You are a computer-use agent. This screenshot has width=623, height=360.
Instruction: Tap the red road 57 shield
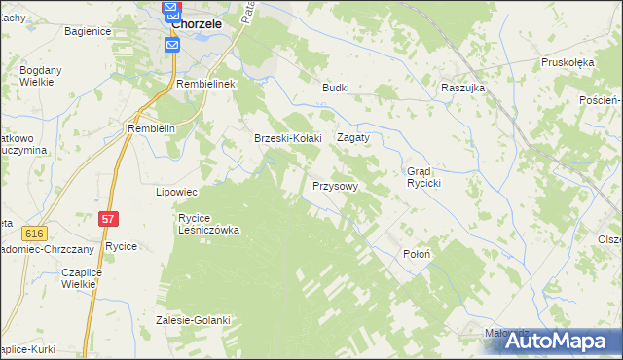[108, 221]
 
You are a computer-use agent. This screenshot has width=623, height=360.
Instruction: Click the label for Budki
[336, 87]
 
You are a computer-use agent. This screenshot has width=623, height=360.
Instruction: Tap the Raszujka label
[462, 87]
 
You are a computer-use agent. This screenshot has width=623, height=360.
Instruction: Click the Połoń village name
[417, 254]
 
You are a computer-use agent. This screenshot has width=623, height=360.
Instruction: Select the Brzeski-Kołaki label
[288, 138]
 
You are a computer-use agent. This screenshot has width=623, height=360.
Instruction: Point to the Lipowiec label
[177, 192]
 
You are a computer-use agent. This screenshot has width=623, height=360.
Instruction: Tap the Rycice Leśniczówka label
[208, 224]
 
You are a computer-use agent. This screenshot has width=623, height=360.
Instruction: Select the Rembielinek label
[207, 85]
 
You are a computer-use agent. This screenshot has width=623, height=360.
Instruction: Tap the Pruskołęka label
[568, 62]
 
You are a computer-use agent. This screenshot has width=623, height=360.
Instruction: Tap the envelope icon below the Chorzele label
[172, 46]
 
